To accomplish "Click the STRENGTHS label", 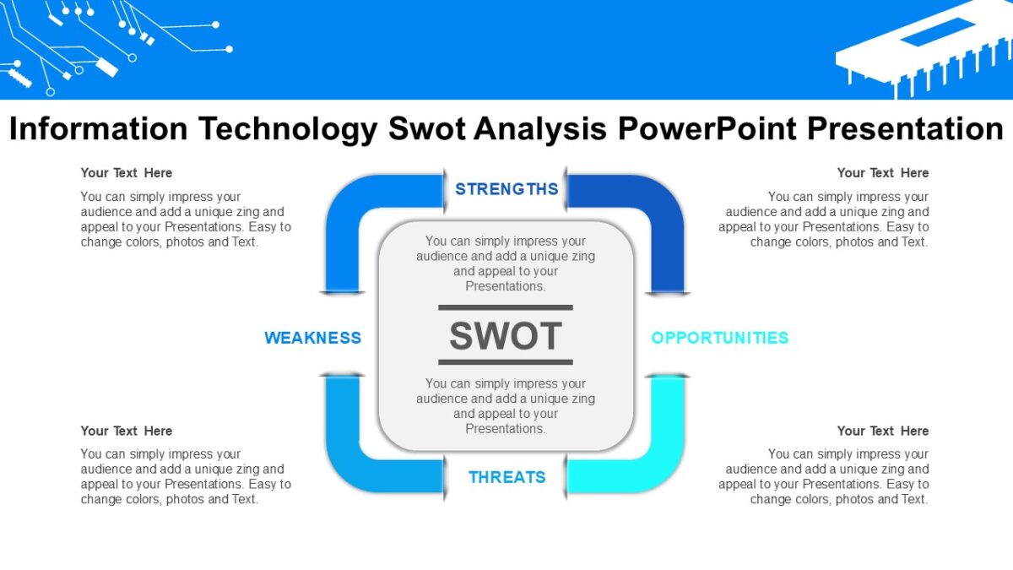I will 506,189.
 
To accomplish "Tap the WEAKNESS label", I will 312,338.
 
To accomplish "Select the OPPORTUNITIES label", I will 719,338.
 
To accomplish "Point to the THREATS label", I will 506,477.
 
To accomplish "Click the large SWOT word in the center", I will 505,336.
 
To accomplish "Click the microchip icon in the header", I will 924,46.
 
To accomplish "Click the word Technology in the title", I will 287,129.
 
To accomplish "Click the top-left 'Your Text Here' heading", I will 127,173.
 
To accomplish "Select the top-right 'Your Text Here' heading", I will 882,173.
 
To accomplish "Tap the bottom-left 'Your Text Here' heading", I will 127,431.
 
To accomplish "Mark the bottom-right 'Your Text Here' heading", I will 882,431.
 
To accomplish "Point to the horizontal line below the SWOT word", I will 505,362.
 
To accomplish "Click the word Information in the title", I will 98,129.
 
